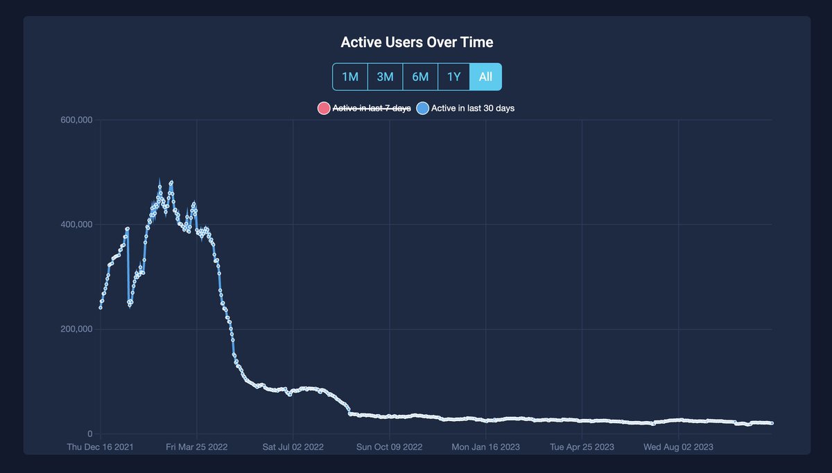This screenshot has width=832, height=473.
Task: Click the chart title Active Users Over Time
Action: click(x=417, y=42)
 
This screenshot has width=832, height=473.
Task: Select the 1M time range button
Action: click(x=350, y=77)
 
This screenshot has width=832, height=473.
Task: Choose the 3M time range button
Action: click(x=385, y=77)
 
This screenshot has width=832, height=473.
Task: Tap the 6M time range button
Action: click(x=420, y=77)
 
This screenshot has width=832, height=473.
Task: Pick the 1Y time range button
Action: click(x=453, y=77)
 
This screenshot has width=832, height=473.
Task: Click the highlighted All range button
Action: click(x=485, y=77)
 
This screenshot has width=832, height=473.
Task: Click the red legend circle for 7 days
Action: click(x=323, y=108)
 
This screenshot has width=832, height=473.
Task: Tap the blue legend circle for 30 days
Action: click(x=422, y=108)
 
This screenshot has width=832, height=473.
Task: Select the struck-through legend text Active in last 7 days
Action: click(x=372, y=108)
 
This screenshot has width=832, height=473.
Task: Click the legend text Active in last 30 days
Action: click(x=473, y=108)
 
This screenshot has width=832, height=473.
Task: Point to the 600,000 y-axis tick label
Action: click(x=76, y=121)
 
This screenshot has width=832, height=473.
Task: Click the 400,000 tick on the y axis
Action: click(x=76, y=224)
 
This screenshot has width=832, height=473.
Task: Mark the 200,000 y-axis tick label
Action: click(x=76, y=329)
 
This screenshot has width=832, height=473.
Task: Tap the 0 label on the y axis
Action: click(x=89, y=434)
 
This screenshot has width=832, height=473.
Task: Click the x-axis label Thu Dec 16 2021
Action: click(x=101, y=447)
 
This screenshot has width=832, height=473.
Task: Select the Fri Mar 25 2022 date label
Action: click(x=197, y=447)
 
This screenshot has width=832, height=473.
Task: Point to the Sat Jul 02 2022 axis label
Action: click(x=293, y=447)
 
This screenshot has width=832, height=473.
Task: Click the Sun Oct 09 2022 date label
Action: click(x=389, y=447)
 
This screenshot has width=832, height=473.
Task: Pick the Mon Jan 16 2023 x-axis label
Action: click(x=485, y=447)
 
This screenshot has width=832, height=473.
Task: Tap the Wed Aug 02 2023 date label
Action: click(x=677, y=447)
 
